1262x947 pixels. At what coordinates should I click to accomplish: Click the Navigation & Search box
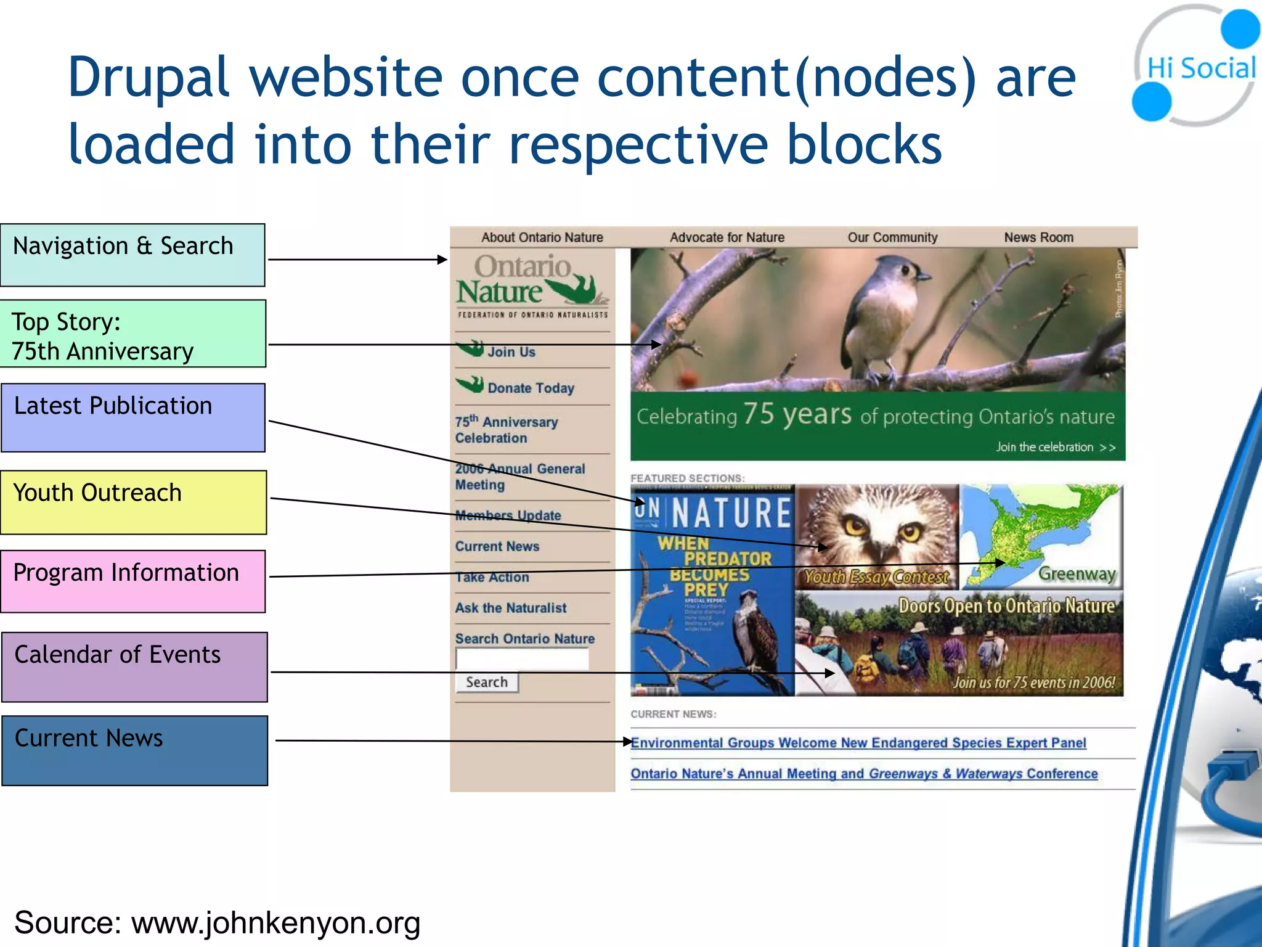pos(132,255)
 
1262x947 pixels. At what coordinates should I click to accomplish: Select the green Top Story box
pos(132,334)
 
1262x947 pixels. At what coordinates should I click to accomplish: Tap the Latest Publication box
pos(133,417)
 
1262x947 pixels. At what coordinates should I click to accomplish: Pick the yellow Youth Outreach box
pos(133,502)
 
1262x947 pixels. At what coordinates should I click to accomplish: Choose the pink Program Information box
pos(133,581)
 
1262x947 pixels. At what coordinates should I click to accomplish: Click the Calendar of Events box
pos(134,666)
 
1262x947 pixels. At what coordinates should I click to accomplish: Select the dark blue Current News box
pos(134,750)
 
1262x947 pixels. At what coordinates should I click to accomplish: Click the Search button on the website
pos(487,683)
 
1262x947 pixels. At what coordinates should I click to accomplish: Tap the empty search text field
pos(522,659)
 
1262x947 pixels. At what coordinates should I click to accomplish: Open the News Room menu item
pos(1038,237)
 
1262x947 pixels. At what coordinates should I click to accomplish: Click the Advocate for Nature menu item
pos(727,237)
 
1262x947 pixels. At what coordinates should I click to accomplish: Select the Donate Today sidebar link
pos(531,388)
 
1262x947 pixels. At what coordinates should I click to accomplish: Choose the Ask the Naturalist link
pos(511,608)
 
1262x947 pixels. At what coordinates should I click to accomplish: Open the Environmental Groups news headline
pos(858,743)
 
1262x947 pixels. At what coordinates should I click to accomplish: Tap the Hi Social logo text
pos(1200,68)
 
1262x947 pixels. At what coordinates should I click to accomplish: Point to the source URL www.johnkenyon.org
pos(275,923)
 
